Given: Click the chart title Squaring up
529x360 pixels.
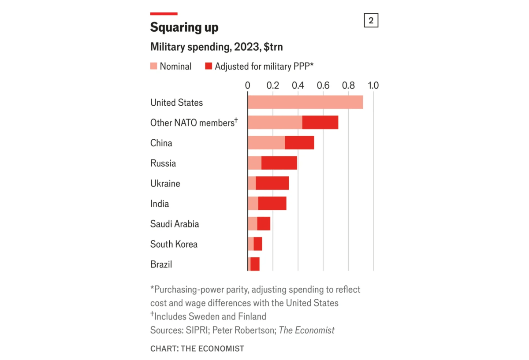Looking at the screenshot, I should click(184, 27).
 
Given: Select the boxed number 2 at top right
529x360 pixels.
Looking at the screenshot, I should click(371, 20).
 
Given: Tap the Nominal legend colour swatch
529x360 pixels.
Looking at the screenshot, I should click(153, 67).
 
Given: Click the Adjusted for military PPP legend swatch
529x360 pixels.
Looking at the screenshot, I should click(209, 67).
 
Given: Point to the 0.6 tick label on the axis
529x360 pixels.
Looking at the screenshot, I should click(323, 85).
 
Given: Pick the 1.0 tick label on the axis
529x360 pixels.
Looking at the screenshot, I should click(373, 85).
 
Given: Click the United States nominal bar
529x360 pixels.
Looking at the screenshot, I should click(305, 102).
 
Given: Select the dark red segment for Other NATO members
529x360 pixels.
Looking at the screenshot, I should click(320, 122).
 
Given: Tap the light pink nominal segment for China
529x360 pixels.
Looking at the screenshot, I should click(266, 143).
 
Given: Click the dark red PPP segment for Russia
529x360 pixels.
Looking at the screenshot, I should click(279, 163).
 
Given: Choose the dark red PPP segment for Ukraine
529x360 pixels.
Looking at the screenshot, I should click(272, 183).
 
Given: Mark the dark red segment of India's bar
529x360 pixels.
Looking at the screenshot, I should click(272, 204).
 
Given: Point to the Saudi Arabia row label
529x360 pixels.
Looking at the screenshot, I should click(174, 224).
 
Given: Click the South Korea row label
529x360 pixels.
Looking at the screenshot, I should click(174, 244).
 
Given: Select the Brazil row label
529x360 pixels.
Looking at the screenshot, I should click(161, 264).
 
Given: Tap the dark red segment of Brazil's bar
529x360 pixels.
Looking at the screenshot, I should click(255, 264).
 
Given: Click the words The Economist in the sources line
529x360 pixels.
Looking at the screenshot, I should click(306, 330).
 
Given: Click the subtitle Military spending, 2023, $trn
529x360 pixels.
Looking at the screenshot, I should click(219, 47).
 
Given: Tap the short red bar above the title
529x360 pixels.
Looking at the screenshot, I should click(164, 14).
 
